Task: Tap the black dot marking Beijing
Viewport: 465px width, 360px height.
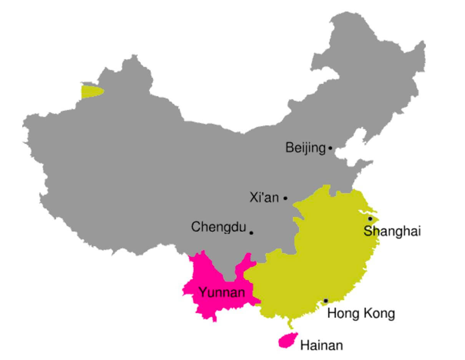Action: (x=330, y=148)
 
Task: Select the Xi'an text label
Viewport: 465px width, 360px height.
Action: (x=264, y=198)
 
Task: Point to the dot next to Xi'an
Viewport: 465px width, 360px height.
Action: (x=285, y=198)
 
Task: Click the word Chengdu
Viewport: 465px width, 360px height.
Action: (x=218, y=227)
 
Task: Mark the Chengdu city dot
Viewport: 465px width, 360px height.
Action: (x=251, y=233)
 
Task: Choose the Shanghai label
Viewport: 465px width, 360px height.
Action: (x=392, y=231)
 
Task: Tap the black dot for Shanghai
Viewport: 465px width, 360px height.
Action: (x=370, y=218)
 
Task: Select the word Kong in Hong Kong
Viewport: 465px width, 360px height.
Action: (x=379, y=313)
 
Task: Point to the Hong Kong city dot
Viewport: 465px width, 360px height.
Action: (x=325, y=301)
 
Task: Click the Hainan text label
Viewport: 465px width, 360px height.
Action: (x=321, y=345)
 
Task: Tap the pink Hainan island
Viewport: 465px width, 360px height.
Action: (x=287, y=340)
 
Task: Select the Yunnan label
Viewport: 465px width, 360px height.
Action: (x=222, y=293)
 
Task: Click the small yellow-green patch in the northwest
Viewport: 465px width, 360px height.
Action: (x=91, y=92)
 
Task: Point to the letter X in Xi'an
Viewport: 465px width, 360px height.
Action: (x=254, y=198)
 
